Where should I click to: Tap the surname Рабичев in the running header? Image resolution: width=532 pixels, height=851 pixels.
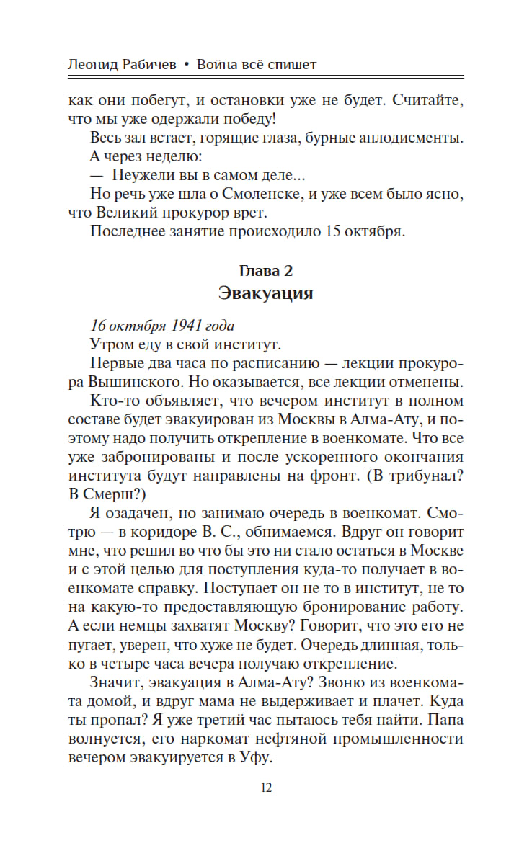pyautogui.click(x=154, y=65)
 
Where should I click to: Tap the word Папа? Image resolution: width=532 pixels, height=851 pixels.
pyautogui.click(x=445, y=720)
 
